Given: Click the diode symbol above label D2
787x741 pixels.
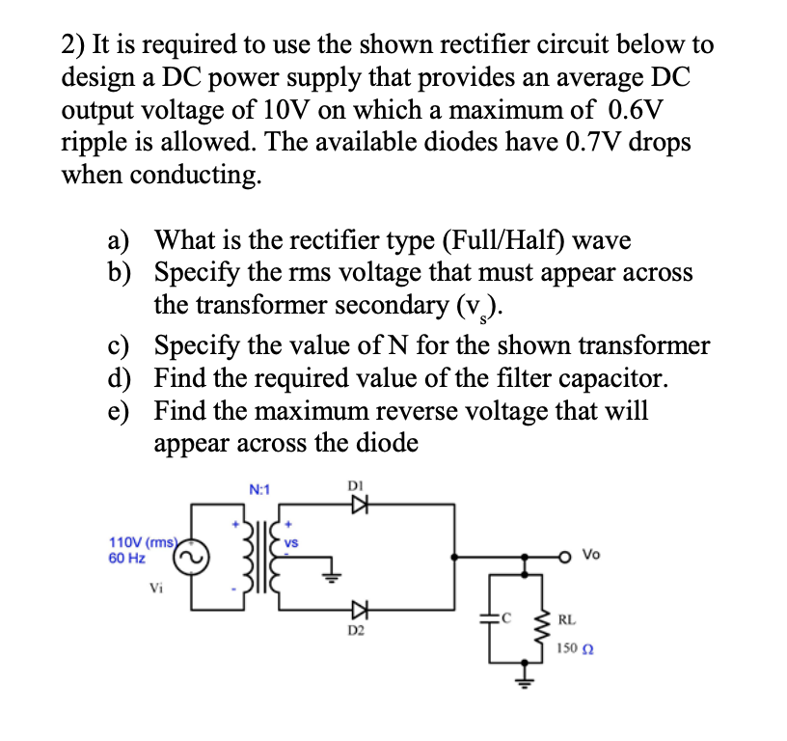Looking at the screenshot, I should pyautogui.click(x=359, y=608).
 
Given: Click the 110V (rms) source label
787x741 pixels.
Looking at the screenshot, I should pyautogui.click(x=142, y=542).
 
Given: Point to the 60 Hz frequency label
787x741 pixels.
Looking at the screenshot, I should pyautogui.click(x=127, y=558).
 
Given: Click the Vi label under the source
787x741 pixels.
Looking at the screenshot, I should pyautogui.click(x=156, y=588).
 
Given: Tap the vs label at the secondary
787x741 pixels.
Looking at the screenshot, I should pyautogui.click(x=290, y=544).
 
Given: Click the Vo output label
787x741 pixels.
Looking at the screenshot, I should pyautogui.click(x=592, y=556).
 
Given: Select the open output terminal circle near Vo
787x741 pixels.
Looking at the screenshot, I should pyautogui.click(x=572, y=556).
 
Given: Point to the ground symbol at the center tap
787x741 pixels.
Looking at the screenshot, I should pyautogui.click(x=332, y=577).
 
